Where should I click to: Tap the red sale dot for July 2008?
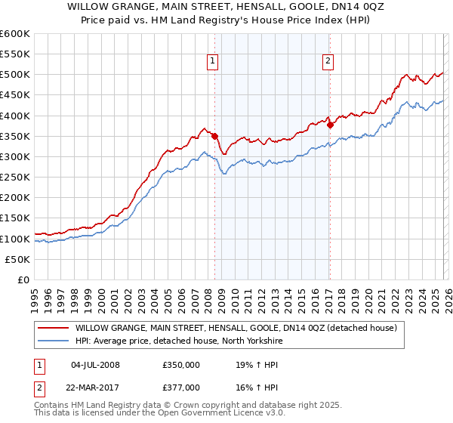point(214,136)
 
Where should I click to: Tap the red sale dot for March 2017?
point(330,125)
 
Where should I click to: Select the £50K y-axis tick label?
point(18,259)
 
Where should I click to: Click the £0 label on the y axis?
point(24,279)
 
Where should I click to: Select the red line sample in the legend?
point(54,329)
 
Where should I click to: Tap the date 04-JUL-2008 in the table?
point(95,365)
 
